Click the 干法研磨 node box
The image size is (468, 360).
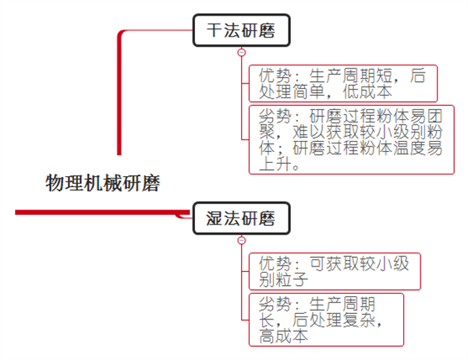pos(241,32)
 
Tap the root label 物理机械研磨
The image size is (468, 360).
pos(102,184)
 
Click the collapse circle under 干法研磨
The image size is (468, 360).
pos(241,52)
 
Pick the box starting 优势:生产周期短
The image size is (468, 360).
pos(342,83)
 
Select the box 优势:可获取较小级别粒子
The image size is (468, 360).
pos(334,271)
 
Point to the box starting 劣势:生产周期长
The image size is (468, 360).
pos(325,319)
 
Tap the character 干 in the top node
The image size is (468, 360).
pos(214,32)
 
